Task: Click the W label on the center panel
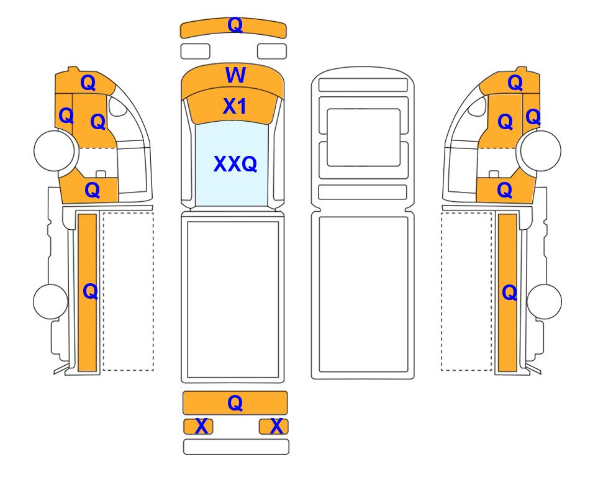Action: [x=235, y=76]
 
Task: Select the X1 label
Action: [x=235, y=107]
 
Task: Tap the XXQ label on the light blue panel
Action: [x=235, y=164]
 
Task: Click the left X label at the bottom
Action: [x=201, y=426]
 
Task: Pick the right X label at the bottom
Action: [x=278, y=426]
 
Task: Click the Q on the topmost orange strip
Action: [x=235, y=25]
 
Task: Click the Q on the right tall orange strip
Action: [x=509, y=292]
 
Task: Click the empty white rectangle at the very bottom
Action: [x=236, y=447]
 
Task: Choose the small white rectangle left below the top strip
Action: [x=195, y=51]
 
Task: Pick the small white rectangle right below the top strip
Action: [x=271, y=51]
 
